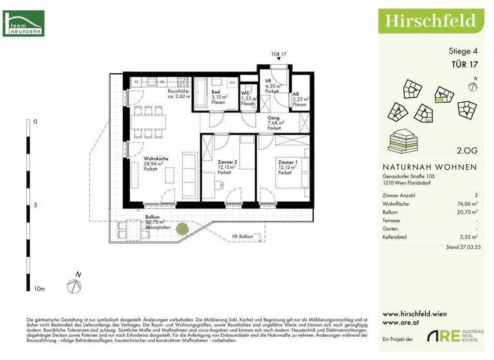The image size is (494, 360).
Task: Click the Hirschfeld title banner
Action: coord(431,20)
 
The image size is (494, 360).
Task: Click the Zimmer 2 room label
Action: coord(228,163)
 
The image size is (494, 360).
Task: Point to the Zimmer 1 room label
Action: coord(289,163)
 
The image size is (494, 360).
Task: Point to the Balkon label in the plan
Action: coord(152,218)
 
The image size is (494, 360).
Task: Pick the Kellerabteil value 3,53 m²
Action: coord(468,236)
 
